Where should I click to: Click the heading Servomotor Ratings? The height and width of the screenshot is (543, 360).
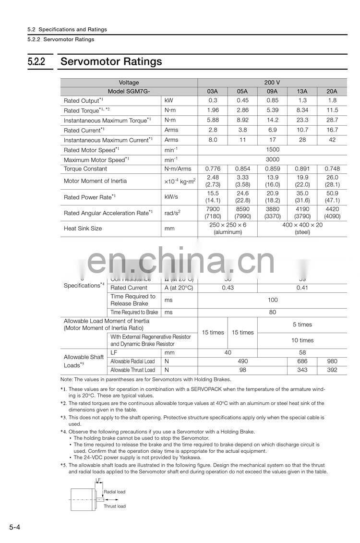(x=111, y=62)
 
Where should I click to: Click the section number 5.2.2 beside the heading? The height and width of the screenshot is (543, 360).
(x=36, y=62)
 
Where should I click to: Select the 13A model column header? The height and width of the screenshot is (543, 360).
(x=302, y=91)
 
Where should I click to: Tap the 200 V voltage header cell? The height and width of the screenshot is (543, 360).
(x=272, y=83)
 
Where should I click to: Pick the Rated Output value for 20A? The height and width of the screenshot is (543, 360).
(x=332, y=100)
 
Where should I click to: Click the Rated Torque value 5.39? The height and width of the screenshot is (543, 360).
(x=272, y=110)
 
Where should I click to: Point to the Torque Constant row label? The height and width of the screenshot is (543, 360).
(x=85, y=169)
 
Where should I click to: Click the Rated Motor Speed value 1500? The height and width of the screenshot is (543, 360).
(x=272, y=150)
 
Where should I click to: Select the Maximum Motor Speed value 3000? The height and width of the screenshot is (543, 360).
(x=272, y=159)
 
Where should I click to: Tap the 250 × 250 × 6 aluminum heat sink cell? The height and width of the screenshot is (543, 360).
(x=228, y=229)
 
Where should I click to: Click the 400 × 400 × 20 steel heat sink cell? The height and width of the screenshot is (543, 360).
(x=302, y=229)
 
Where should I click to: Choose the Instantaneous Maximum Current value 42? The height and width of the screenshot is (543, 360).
(x=332, y=140)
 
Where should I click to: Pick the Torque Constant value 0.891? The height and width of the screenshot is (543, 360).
(x=302, y=169)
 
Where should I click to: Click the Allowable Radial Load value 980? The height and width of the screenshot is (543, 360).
(x=332, y=361)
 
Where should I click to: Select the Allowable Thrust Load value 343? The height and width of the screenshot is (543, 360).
(x=302, y=370)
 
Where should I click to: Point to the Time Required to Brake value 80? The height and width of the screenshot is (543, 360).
(x=272, y=312)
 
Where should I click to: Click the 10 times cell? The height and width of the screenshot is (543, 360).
(x=302, y=340)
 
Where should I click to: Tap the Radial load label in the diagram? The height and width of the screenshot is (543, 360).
(x=114, y=492)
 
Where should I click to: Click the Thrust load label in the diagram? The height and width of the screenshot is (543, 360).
(x=114, y=506)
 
